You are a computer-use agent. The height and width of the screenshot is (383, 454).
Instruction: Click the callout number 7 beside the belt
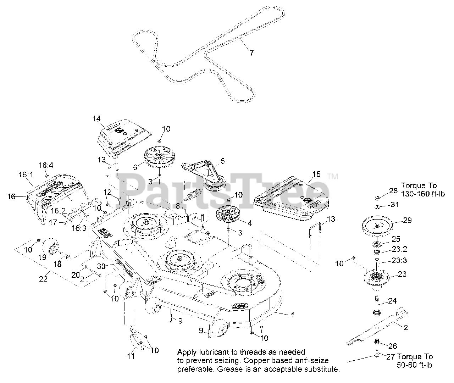coord(251,54)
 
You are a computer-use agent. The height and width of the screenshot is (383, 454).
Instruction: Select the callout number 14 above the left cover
coord(96,119)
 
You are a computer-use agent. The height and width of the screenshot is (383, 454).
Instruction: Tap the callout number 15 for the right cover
coord(316,174)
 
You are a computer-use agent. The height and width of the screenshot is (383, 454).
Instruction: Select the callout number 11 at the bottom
coord(131,356)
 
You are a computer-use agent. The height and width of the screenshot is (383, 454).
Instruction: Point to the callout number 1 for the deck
coord(292,315)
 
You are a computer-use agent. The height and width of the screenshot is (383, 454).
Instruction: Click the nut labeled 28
coord(378,197)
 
